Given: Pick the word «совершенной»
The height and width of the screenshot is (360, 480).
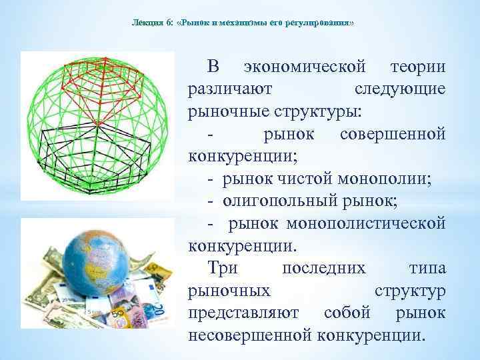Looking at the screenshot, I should click(393, 134).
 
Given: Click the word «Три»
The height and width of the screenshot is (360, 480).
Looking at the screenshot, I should click(223, 268).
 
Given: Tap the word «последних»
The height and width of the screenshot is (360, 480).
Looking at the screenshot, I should click(324, 268).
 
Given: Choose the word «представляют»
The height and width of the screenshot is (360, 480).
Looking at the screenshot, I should click(245, 312).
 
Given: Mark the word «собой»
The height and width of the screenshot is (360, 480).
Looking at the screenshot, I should click(350, 312).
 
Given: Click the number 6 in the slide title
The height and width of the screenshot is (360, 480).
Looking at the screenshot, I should click(170, 23).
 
